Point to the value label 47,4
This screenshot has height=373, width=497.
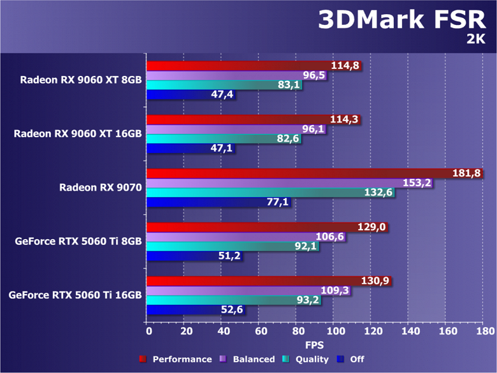tap(224, 95)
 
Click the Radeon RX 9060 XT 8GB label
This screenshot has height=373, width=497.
tap(80, 80)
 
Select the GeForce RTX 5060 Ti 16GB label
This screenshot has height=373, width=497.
tap(75, 295)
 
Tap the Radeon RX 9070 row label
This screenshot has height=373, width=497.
tap(101, 187)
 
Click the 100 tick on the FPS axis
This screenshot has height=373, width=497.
tap(335, 332)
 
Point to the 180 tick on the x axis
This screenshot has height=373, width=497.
tap(484, 332)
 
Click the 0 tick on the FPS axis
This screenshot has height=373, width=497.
tap(148, 332)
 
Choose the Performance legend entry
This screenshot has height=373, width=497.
tap(176, 360)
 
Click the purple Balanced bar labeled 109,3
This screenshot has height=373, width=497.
tap(242, 291)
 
